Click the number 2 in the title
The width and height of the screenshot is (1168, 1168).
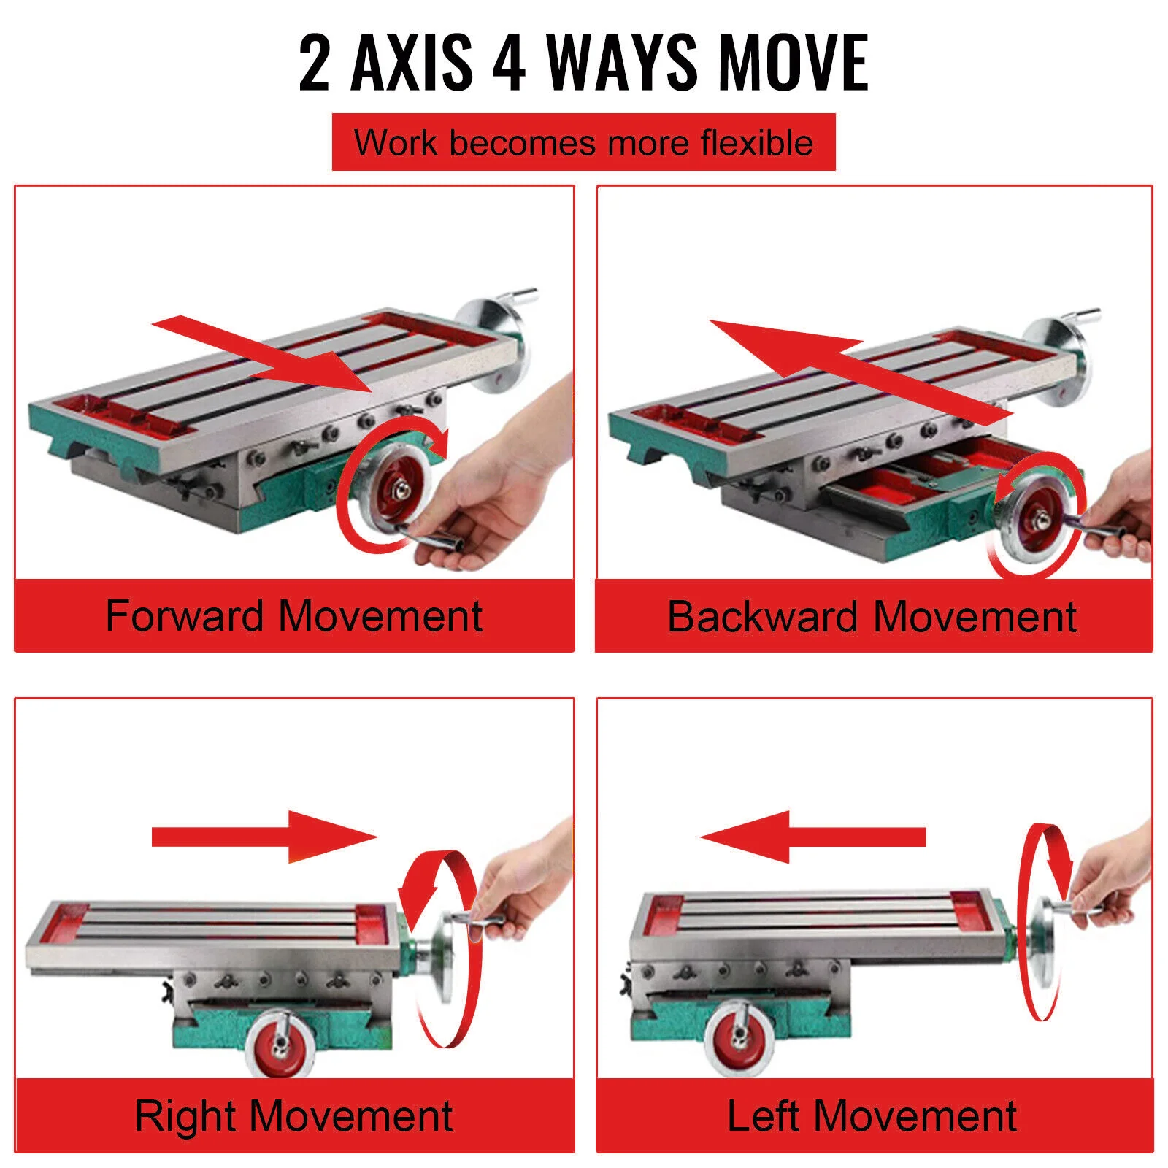pos(315,64)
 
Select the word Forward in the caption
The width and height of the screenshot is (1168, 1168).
pos(184,615)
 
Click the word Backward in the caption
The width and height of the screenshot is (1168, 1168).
pos(761,616)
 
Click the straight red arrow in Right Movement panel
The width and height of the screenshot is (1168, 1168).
pos(263,837)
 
